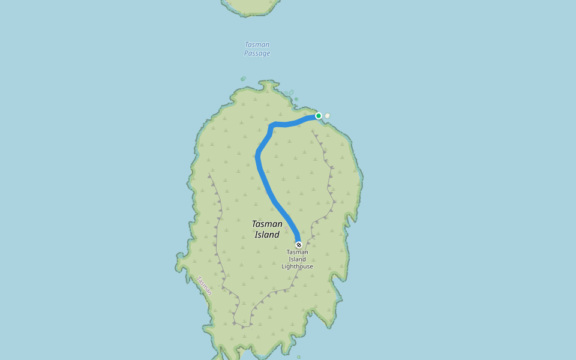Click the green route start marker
coord(319,116)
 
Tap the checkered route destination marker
coord(299,245)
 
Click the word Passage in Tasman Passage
coord(257,53)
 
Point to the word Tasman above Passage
coord(257,44)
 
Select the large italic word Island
coord(267,235)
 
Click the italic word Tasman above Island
coord(267,224)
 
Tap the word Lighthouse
coord(298,266)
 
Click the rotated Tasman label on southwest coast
coord(205,286)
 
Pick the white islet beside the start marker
coord(328,115)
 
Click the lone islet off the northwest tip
coord(243,79)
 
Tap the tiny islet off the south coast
coord(298,357)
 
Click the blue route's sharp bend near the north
coord(271,125)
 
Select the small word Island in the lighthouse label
coord(298,259)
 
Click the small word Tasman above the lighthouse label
coord(298,252)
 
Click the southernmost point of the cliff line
coord(242,326)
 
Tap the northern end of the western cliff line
coord(209,175)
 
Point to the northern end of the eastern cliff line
coord(313,131)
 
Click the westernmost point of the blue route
coord(257,157)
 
